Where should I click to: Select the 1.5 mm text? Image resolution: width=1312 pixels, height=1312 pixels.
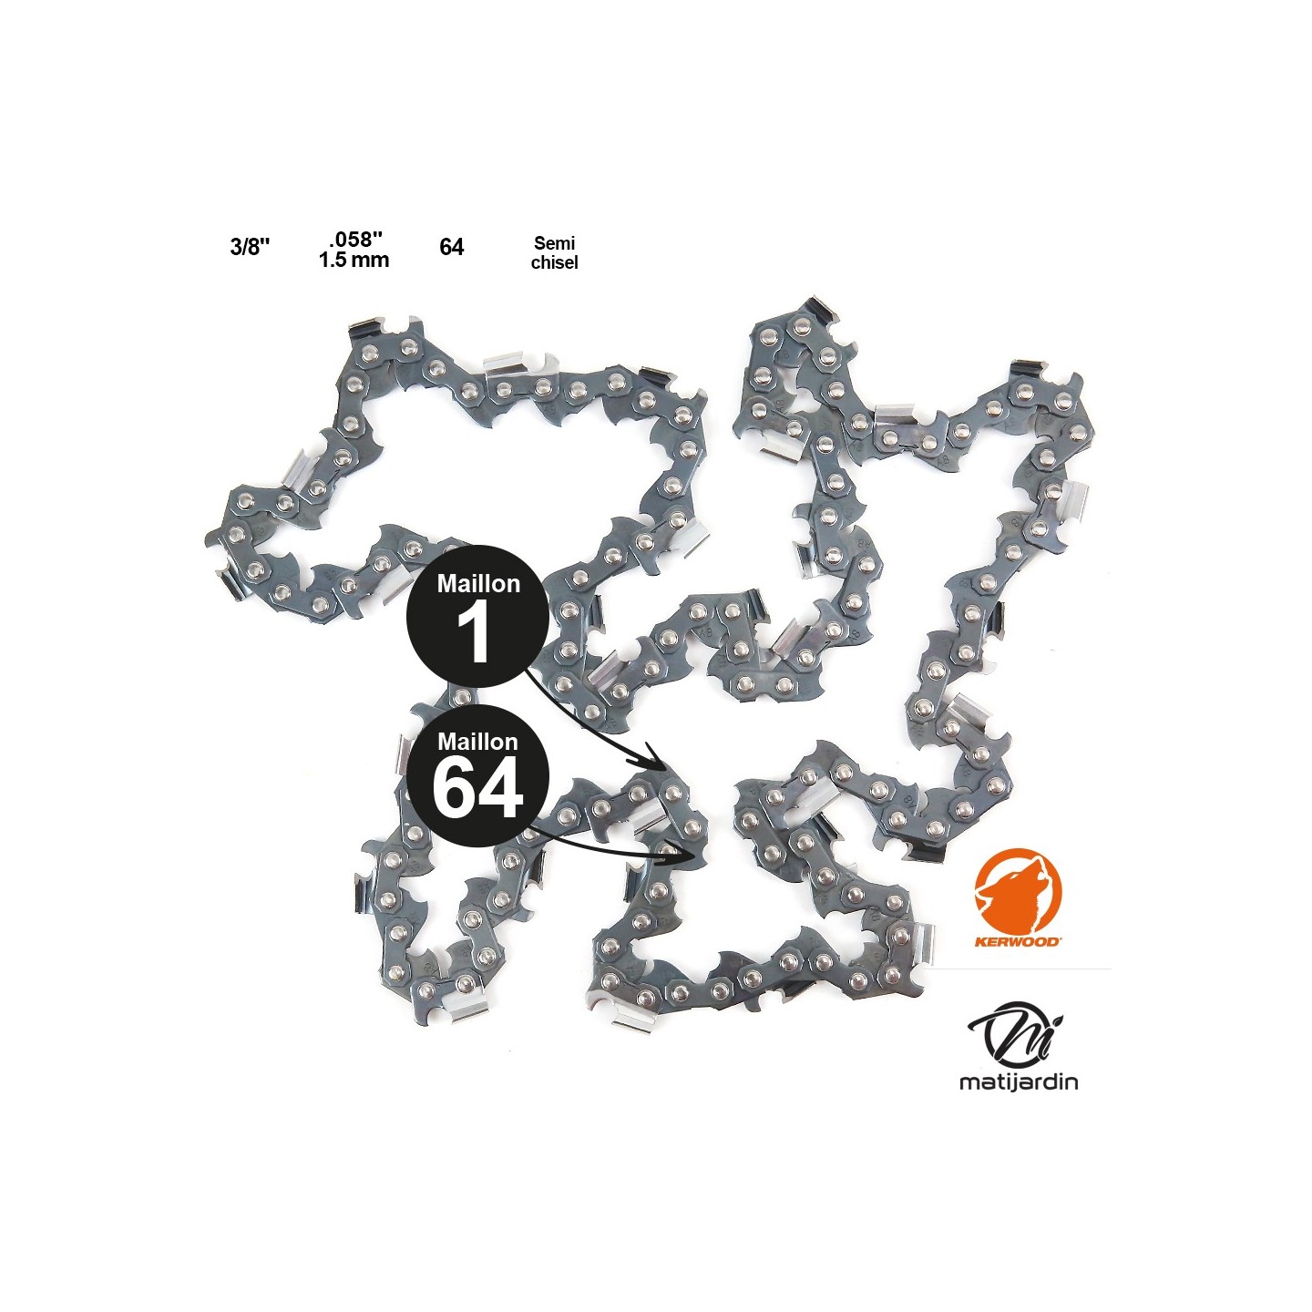pos(354,260)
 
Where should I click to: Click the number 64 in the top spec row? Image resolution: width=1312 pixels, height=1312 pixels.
pos(452,248)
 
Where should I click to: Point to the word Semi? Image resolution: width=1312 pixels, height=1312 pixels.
pos(554,244)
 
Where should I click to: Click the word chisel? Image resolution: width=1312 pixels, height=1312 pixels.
pos(555,262)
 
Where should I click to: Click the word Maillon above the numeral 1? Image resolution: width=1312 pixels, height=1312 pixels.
pos(478,583)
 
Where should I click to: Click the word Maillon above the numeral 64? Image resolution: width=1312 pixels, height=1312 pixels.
pos(478,743)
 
